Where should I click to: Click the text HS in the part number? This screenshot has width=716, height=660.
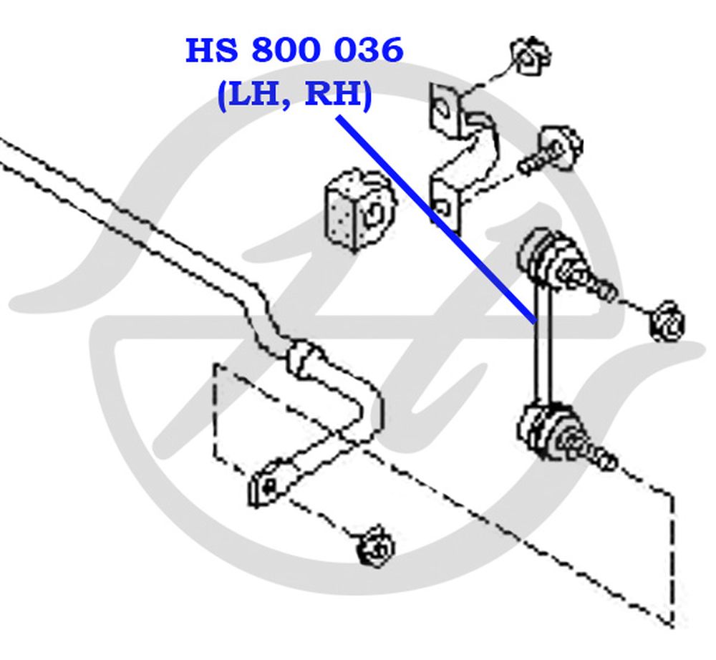(x=212, y=50)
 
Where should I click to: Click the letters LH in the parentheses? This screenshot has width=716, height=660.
(x=254, y=94)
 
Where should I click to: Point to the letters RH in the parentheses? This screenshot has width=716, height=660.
(x=334, y=94)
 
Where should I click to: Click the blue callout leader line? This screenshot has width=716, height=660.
(x=436, y=220)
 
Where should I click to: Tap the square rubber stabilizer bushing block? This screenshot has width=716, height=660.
(x=360, y=210)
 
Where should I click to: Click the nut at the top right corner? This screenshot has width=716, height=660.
(x=530, y=56)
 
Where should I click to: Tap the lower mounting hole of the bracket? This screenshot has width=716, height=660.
(x=442, y=208)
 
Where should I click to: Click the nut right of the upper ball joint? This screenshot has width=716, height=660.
(x=667, y=321)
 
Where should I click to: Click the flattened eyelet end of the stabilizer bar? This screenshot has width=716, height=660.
(x=267, y=487)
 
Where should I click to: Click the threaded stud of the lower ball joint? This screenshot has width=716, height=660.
(x=594, y=454)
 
